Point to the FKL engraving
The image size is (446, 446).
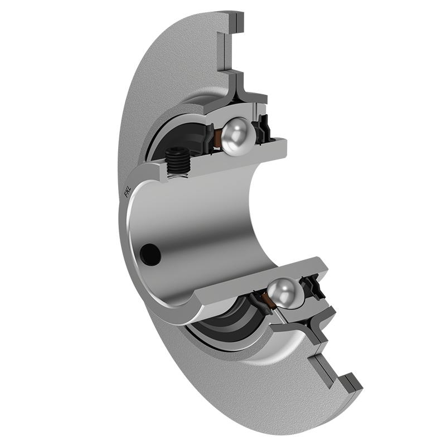coord(127,191)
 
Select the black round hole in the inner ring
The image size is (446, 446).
coord(151,254)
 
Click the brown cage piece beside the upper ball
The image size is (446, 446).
coord(218,139)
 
